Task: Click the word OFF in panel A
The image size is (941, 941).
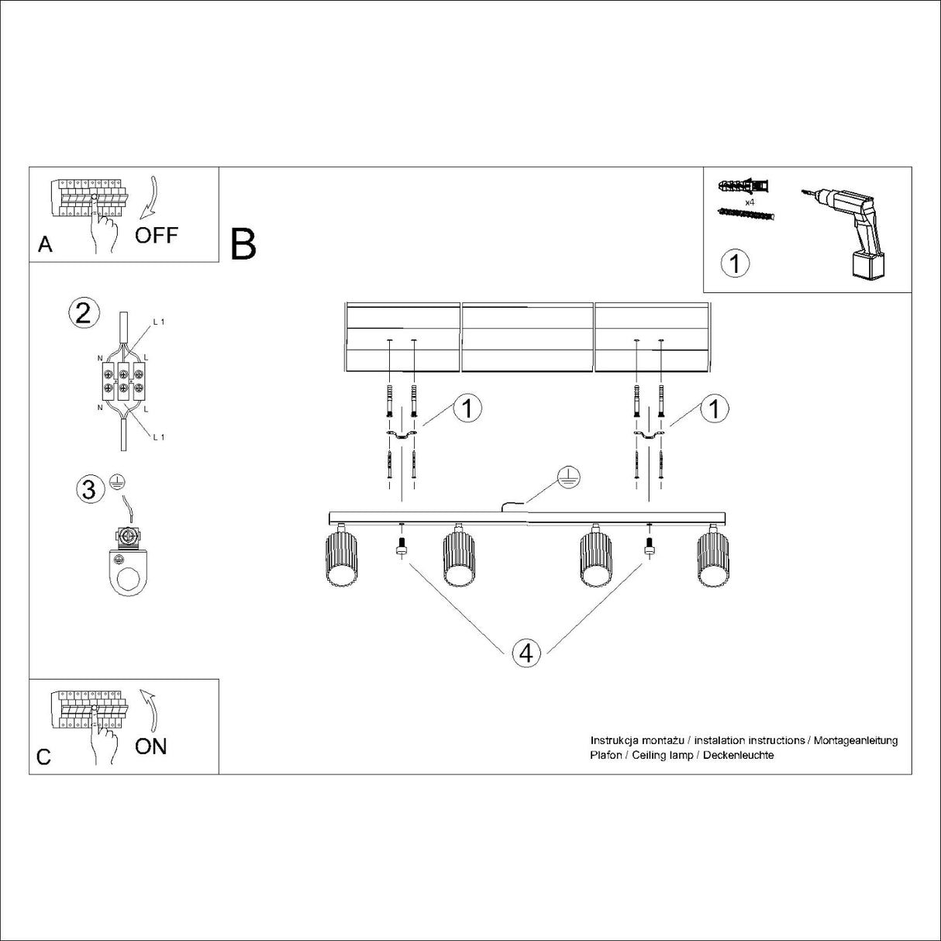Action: tap(156, 235)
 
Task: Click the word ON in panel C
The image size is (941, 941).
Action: tap(150, 746)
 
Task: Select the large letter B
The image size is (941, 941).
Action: tap(243, 244)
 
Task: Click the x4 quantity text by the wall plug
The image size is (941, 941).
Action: tap(750, 202)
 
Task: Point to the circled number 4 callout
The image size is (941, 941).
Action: tap(526, 653)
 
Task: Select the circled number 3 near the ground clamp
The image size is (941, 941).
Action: tap(90, 489)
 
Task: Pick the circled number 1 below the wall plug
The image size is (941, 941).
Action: tap(734, 264)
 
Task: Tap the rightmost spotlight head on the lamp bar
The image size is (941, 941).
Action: tap(711, 559)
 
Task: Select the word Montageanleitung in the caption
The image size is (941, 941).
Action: tap(856, 740)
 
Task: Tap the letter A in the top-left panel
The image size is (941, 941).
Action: tap(45, 245)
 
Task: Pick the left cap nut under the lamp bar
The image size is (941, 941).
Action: tap(401, 549)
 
